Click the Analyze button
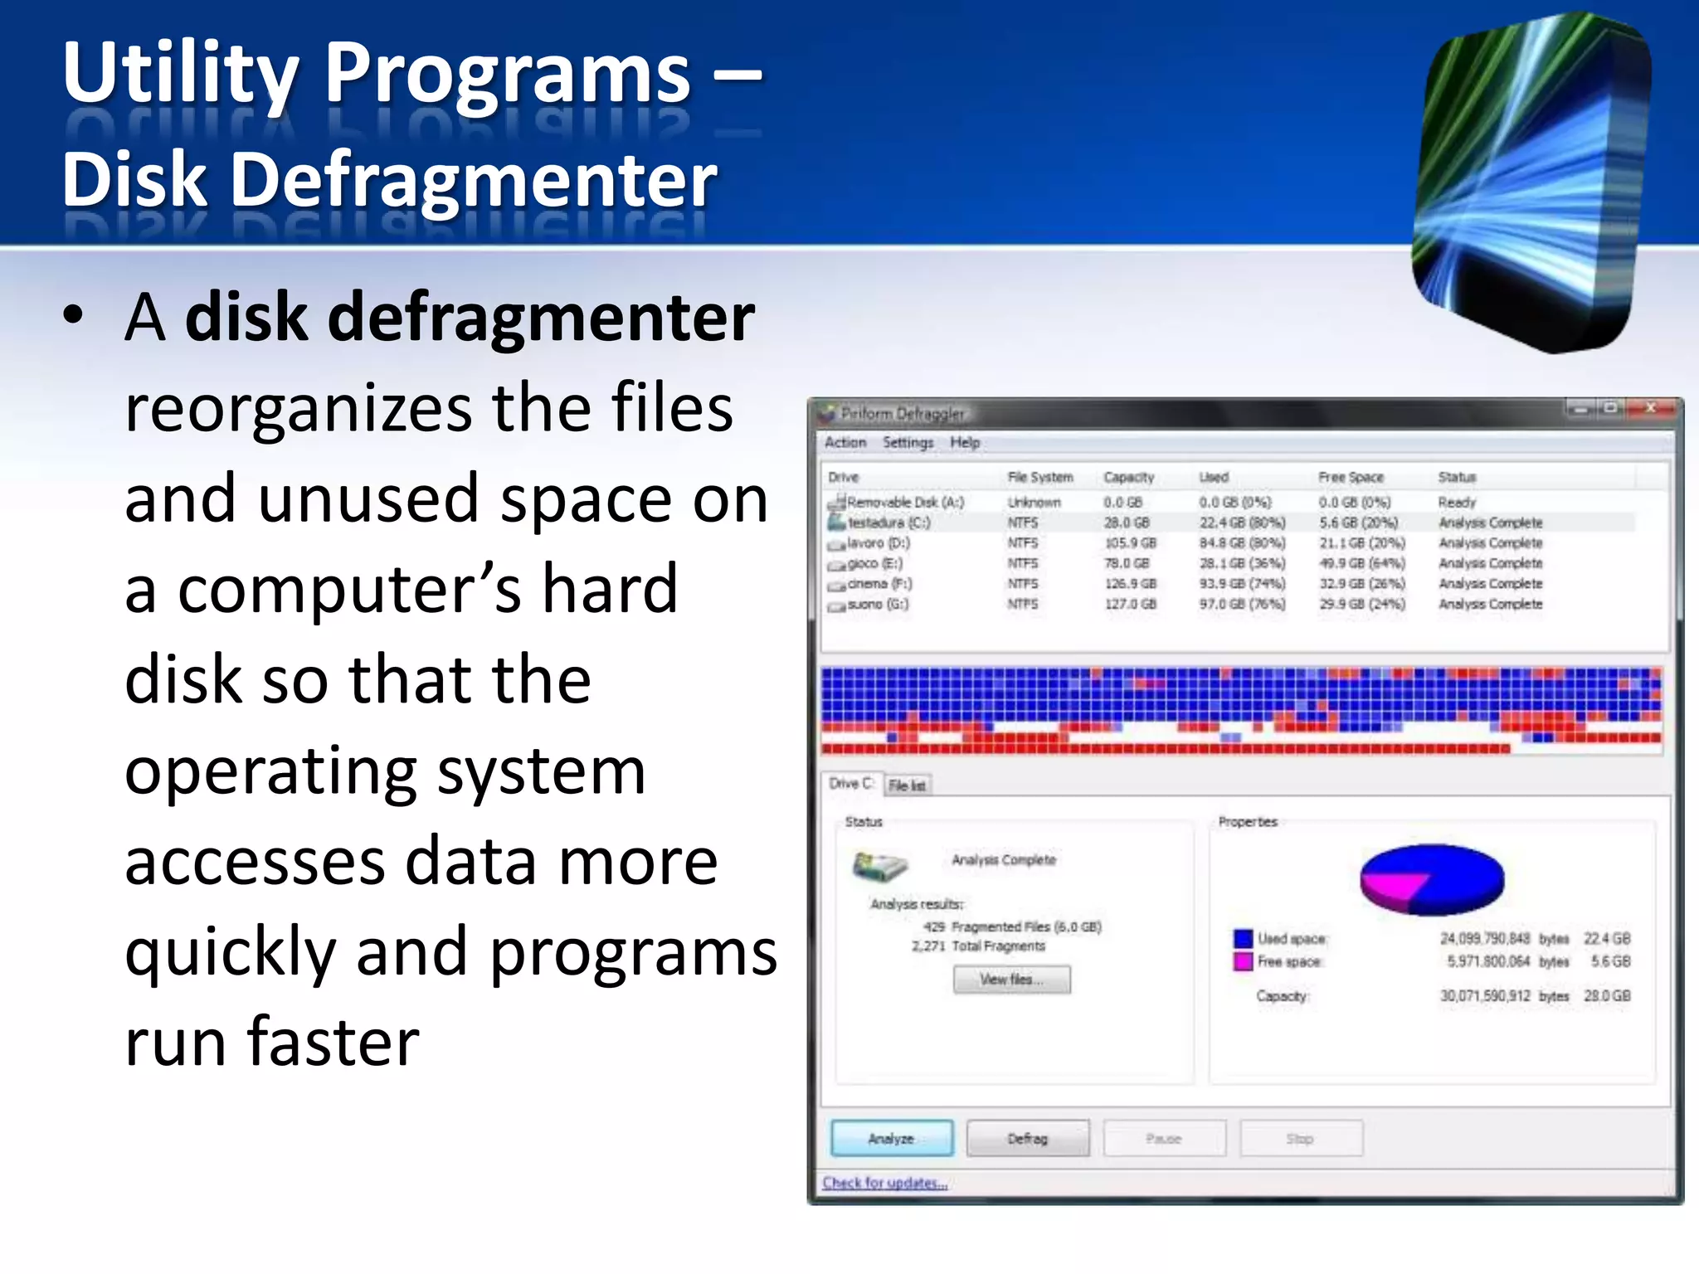pyautogui.click(x=891, y=1138)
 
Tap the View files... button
pyautogui.click(x=1011, y=980)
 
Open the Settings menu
pyautogui.click(x=908, y=443)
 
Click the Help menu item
pyautogui.click(x=965, y=443)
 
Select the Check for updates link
pyautogui.click(x=884, y=1183)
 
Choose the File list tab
pyautogui.click(x=907, y=785)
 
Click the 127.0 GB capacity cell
pyautogui.click(x=1130, y=604)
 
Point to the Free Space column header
pyautogui.click(x=1351, y=477)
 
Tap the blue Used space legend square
pyautogui.click(x=1243, y=938)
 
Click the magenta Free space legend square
pyautogui.click(x=1243, y=961)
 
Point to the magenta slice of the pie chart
pyautogui.click(x=1394, y=886)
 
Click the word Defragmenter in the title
pyautogui.click(x=473, y=180)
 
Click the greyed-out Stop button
pyautogui.click(x=1300, y=1138)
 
